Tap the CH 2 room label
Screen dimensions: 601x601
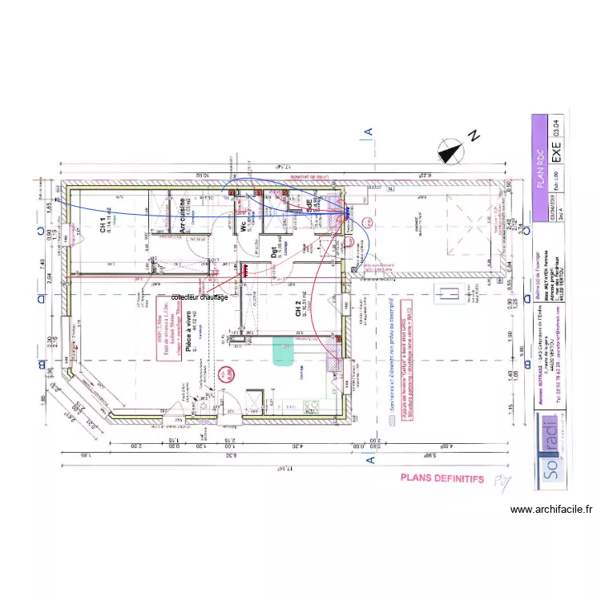point(298,309)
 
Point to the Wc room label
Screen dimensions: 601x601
point(244,227)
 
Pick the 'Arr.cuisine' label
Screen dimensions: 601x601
point(183,215)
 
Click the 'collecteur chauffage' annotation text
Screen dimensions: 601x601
point(200,297)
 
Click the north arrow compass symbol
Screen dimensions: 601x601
point(450,150)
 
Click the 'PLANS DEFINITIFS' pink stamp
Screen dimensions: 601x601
point(442,478)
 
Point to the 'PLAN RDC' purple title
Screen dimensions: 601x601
point(540,164)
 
